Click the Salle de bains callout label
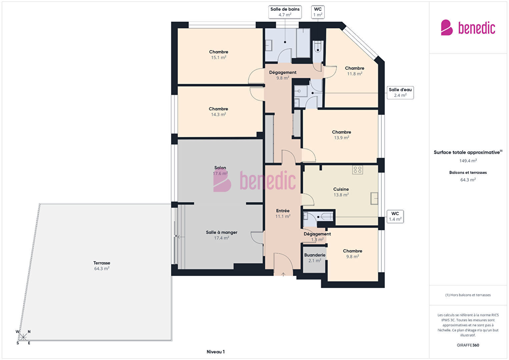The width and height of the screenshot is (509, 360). coord(285,12)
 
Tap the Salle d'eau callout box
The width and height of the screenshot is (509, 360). coord(400,92)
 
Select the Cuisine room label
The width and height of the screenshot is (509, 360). coord(341,189)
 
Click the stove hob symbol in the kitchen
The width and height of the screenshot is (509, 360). coord(358,170)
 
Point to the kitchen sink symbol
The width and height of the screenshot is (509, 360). coord(374,198)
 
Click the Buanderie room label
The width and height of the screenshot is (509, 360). coord(315,255)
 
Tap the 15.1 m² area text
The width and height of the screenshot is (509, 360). coord(218,57)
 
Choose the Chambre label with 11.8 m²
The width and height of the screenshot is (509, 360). coord(355,68)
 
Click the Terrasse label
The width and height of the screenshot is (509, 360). coord(102,263)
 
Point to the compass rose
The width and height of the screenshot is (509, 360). coord(23,337)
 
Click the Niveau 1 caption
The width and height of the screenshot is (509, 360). coord(216,352)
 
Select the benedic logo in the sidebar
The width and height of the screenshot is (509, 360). coord(468,28)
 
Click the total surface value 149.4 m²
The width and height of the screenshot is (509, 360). coord(468,161)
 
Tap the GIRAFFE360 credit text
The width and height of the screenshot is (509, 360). coord(468,345)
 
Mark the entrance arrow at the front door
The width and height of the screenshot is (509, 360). coord(283,274)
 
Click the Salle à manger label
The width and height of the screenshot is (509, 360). coord(221,232)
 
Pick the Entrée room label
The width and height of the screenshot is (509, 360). coord(283,211)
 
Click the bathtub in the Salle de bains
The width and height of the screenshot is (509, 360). coord(303,43)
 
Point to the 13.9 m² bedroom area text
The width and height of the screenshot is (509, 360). coord(341,138)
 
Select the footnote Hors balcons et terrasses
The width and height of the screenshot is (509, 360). coord(468,295)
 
